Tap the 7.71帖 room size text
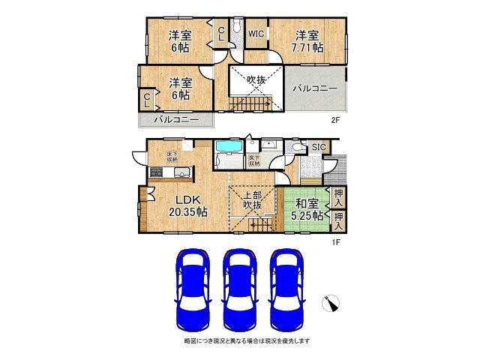click(x=307, y=47)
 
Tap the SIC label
click(x=319, y=147)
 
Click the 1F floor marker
click(x=337, y=242)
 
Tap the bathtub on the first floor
click(x=228, y=157)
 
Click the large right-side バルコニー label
click(x=315, y=88)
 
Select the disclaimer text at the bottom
click(x=247, y=341)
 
